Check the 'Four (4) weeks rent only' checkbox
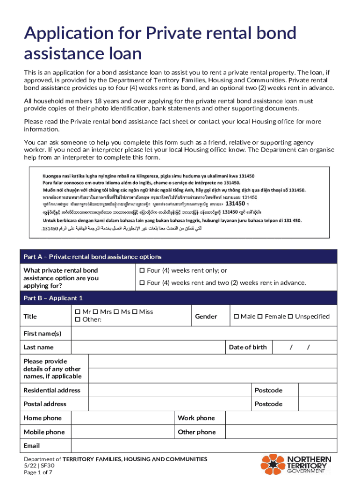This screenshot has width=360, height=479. click(x=142, y=271)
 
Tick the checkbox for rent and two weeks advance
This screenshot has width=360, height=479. click(x=142, y=283)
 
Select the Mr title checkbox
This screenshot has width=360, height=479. click(x=78, y=312)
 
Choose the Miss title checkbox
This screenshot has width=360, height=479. click(x=135, y=312)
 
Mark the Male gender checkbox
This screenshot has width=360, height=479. click(x=236, y=317)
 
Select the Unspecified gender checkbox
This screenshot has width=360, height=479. click(x=290, y=317)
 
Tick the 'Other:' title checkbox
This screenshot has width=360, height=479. click(x=78, y=320)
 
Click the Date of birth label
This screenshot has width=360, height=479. click(x=248, y=347)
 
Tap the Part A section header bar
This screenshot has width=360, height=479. click(x=180, y=257)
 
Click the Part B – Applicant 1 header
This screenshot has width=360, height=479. click(x=180, y=298)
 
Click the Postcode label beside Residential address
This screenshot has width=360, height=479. click(x=268, y=390)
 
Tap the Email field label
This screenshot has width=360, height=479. click(x=32, y=446)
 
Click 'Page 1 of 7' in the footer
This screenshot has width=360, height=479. click(x=38, y=472)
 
